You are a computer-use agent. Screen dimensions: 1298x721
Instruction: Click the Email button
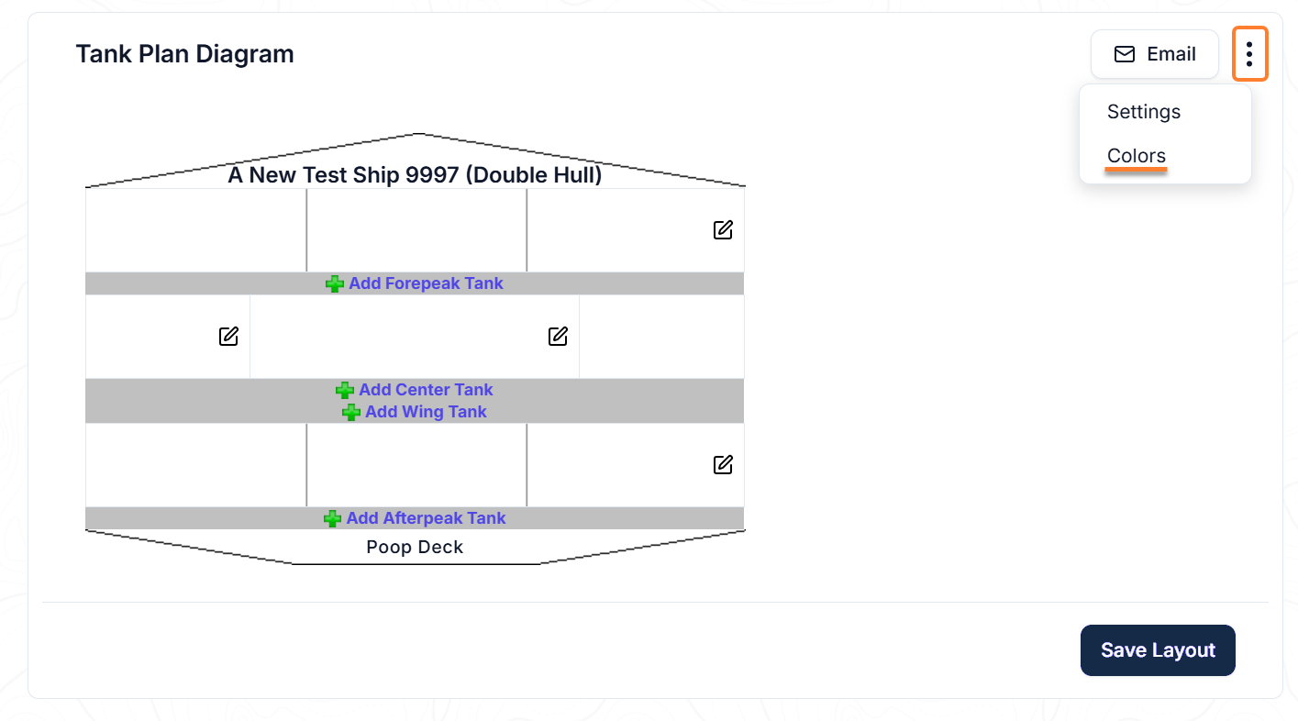1154,54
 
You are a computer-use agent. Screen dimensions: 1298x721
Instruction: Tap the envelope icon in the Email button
1124,54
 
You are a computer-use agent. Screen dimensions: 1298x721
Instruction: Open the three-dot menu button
1250,54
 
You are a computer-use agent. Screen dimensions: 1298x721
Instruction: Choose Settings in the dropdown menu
1143,111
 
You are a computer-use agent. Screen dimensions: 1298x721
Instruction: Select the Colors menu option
1136,155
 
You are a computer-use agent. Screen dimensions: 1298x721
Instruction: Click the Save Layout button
1158,649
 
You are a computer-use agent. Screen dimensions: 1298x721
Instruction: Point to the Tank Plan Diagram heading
185,54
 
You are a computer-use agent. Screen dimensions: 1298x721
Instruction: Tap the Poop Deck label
415,547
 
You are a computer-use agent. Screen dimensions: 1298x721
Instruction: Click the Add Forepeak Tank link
426,283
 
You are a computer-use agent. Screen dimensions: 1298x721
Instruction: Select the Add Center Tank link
426,390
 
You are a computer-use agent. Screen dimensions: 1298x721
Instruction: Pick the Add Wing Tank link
426,412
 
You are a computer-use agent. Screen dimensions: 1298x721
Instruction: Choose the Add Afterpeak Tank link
426,518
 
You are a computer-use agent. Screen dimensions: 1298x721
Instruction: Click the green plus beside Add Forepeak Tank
334,284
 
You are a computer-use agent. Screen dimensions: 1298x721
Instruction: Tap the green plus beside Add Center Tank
345,390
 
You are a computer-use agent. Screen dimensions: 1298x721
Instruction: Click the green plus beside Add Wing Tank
351,412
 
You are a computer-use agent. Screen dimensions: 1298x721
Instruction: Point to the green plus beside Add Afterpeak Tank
333,518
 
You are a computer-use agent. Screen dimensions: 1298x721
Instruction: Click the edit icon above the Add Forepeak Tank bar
723,230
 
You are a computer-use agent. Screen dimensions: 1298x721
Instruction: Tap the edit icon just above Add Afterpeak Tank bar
723,465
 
